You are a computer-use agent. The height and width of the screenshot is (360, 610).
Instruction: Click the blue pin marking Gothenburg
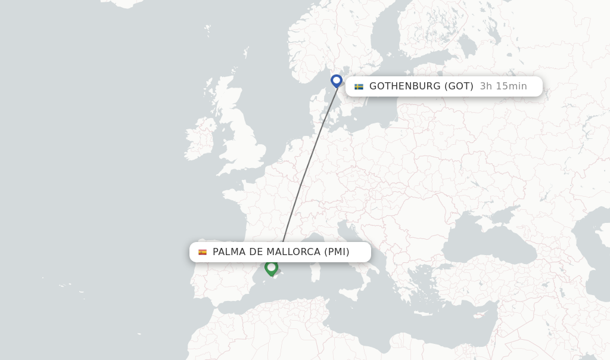[337, 80]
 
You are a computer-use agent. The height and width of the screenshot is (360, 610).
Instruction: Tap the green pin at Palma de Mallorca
[271, 267]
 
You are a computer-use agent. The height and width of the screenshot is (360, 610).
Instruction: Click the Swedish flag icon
[359, 86]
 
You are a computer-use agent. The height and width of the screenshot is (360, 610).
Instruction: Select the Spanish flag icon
[203, 252]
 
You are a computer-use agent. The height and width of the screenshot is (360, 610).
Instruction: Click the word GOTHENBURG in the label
[404, 86]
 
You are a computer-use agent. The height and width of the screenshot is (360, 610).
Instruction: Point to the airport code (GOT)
[459, 86]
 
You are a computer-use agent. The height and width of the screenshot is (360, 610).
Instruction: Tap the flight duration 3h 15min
[503, 86]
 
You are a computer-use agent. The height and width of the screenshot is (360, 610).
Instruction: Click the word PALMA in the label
[229, 252]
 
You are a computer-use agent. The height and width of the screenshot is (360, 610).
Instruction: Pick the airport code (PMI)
[337, 252]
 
